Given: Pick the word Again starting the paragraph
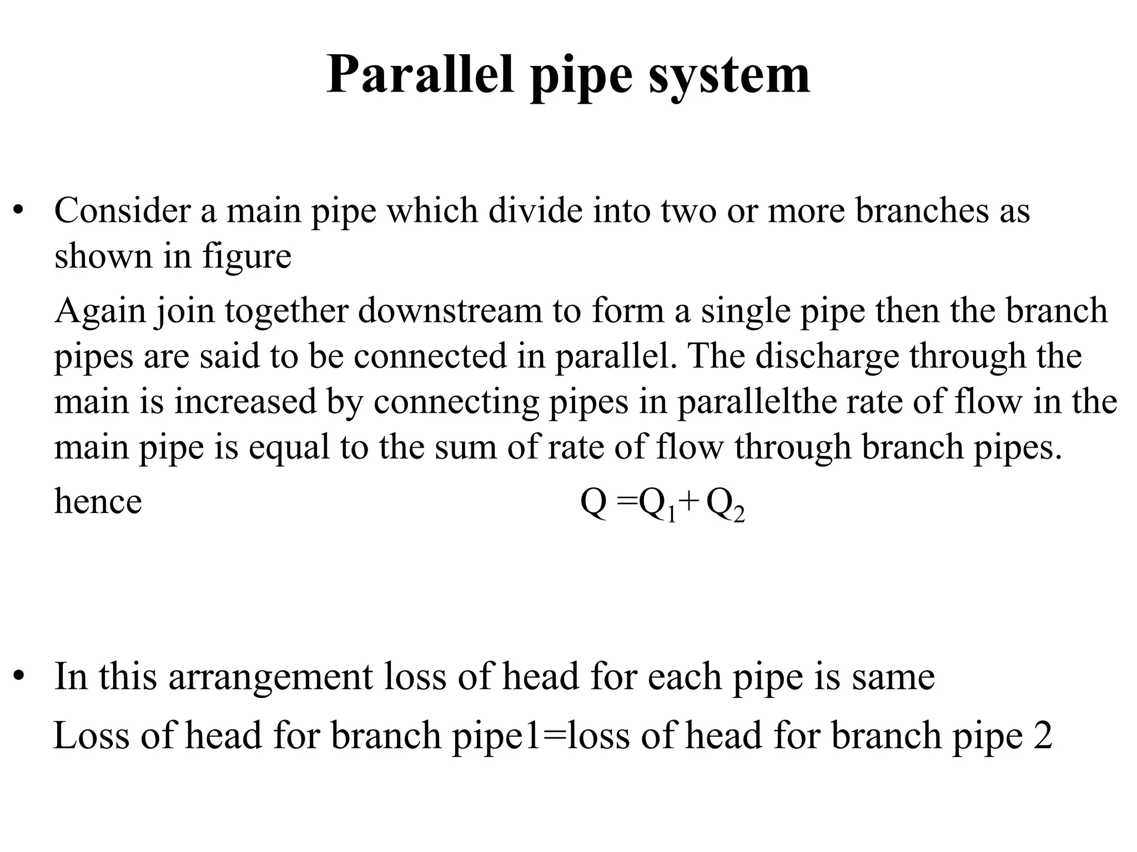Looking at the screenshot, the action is (99, 311).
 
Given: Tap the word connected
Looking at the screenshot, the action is (430, 356).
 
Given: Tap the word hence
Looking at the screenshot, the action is (98, 501).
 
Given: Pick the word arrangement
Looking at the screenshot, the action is (271, 678).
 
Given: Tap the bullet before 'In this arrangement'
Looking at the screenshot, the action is (20, 676).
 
